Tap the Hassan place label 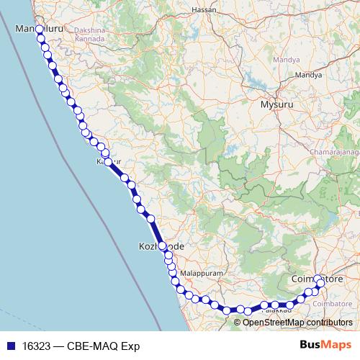coord(204,10)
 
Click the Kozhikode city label coord(161,246)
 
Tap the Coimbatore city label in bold coord(315,278)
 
